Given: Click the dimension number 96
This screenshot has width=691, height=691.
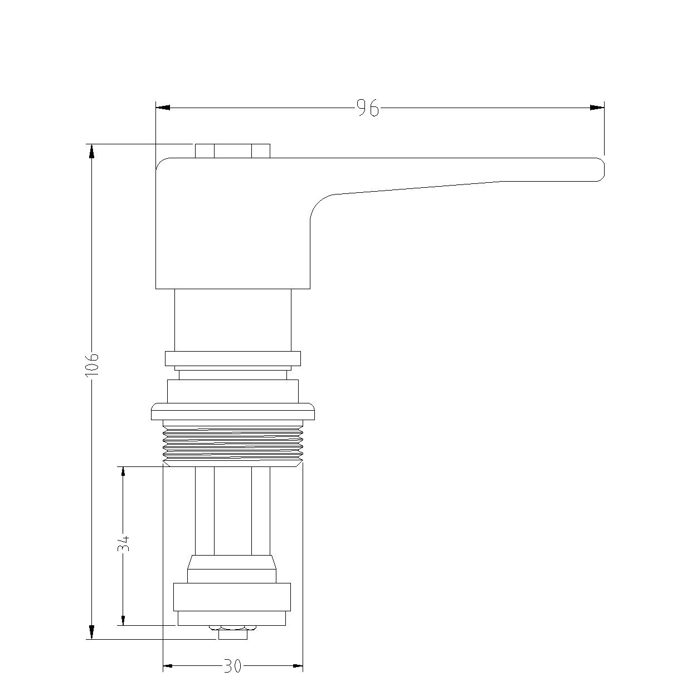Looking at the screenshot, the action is pos(368,108).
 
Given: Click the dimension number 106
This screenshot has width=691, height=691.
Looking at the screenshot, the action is pos(92,364).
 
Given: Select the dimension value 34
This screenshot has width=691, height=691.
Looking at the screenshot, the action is pos(123,543).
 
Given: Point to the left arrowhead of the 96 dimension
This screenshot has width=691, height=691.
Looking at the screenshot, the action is pos(163,108).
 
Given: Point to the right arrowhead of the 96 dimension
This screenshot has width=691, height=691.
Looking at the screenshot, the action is pos(597,108).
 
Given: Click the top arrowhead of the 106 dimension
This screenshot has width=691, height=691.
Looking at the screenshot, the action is pos(92,151).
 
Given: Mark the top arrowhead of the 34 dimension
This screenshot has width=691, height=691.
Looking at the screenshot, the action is pos(123,474).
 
